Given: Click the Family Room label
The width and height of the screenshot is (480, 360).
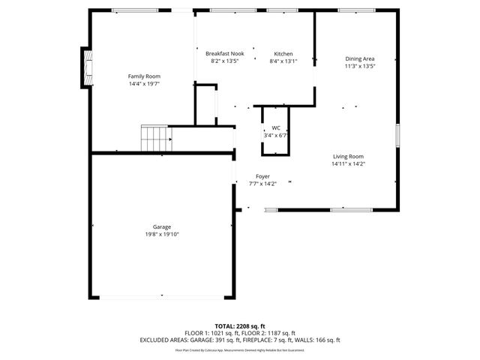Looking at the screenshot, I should coord(144,76).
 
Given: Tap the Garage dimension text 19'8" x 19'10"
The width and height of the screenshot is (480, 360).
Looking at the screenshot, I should coord(162,235).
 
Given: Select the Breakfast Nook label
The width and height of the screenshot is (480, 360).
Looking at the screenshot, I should coord(225,54).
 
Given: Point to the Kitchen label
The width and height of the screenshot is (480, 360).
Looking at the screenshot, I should coord(283,54).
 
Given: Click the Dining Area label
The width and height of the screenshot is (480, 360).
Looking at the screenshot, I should coord(359,58).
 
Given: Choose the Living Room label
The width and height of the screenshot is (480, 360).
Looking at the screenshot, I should coord(348,156).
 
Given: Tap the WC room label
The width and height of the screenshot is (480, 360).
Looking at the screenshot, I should coord(275,128).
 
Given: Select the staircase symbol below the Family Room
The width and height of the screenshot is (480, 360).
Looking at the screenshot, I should coord(155,138).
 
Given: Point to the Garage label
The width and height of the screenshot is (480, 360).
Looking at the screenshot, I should coord(162,226).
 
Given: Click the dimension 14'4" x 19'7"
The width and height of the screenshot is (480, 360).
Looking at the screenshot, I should coord(144,84).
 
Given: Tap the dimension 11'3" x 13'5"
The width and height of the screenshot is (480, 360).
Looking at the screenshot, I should coord(359,66).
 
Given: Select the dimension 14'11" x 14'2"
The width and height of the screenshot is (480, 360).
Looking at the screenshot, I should coord(348,163).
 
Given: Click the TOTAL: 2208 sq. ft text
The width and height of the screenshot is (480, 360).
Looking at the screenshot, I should coord(240,326).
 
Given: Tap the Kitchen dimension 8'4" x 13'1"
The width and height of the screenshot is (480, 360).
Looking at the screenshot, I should coord(283,61).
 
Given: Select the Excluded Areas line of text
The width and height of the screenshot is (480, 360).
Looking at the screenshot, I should coord(240,340).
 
